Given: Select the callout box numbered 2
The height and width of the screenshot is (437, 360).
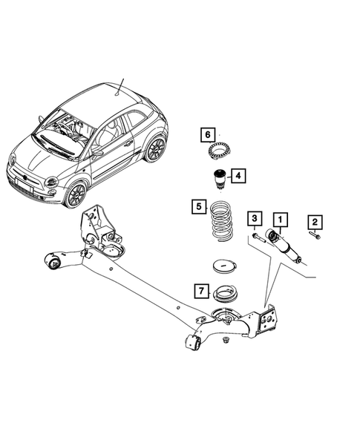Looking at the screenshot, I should [315, 220].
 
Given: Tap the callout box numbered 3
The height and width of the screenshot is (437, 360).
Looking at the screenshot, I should [255, 219].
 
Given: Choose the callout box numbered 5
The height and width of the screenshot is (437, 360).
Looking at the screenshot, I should [197, 206].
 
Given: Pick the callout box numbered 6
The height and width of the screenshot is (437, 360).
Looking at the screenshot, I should [209, 134].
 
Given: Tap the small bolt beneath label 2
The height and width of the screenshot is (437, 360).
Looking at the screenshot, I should [315, 237].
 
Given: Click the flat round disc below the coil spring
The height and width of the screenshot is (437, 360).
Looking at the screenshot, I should [224, 265].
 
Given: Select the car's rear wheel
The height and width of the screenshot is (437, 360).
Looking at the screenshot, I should [155, 149].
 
